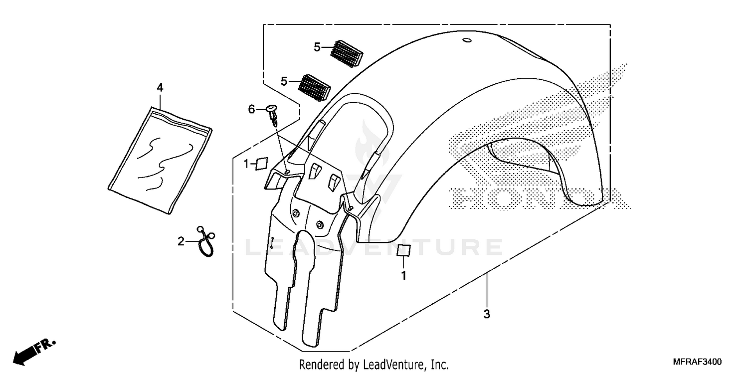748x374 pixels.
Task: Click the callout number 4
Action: coord(160,88)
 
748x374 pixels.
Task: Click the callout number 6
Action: coord(252,109)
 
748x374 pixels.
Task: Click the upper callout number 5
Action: coord(317,47)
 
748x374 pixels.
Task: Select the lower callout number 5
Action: coord(284,81)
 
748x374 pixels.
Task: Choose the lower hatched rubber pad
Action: coord(314,86)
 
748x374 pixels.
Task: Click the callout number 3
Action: coord(487,314)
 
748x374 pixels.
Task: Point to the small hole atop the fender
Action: coord(467,40)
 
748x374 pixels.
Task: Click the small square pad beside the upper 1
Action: coord(261,164)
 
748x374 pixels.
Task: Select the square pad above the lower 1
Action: coord(404,250)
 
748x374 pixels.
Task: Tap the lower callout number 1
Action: coord(404,275)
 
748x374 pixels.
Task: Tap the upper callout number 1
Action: coord(246,164)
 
